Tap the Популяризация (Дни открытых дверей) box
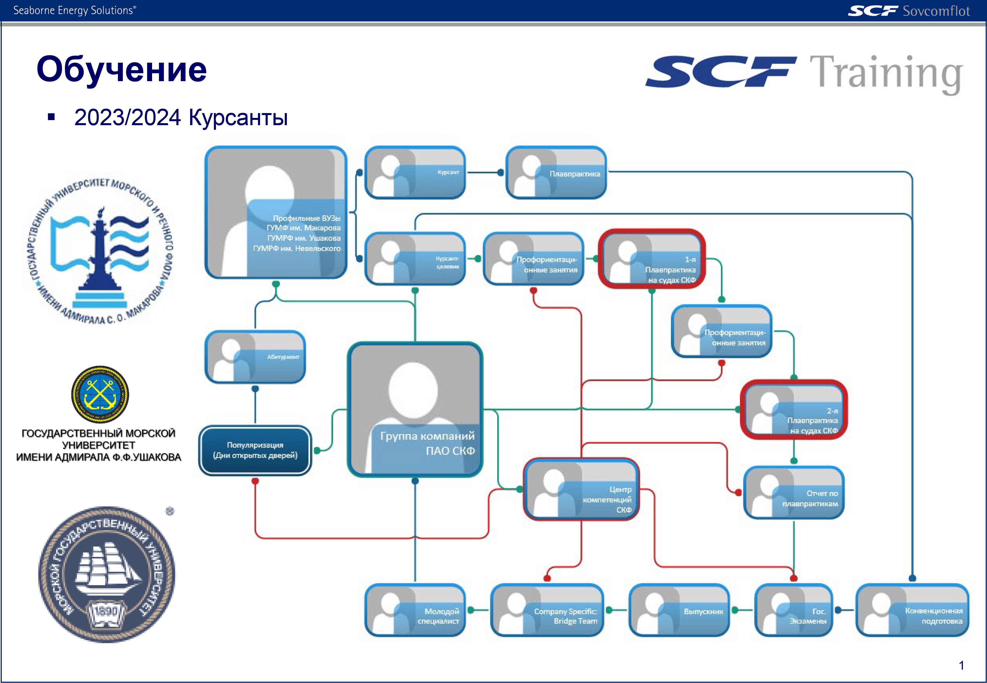[255, 450]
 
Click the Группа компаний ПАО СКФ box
[415, 410]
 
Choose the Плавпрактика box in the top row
[556, 173]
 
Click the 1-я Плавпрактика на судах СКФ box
[652, 259]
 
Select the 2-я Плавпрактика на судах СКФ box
[794, 410]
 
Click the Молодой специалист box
[415, 610]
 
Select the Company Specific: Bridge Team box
[547, 610]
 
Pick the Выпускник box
[679, 610]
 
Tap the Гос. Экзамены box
[794, 610]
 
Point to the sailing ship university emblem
[107, 574]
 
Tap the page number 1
[961, 665]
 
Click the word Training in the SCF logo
[886, 74]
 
